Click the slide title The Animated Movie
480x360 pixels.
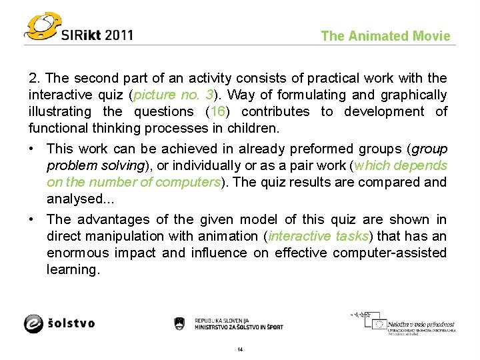coord(385,36)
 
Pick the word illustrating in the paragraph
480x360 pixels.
coord(61,111)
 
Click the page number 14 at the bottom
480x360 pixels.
coord(240,350)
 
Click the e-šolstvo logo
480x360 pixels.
coord(60,323)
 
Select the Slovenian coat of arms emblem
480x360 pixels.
coord(179,323)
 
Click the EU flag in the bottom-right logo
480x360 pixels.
coord(379,325)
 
